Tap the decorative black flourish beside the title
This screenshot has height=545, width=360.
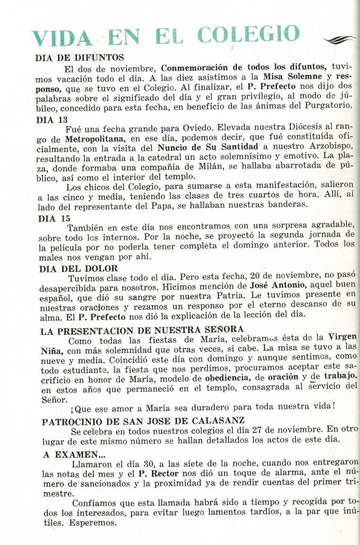click(340, 40)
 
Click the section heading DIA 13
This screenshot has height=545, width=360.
click(53, 119)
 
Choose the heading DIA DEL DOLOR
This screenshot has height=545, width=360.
click(79, 268)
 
